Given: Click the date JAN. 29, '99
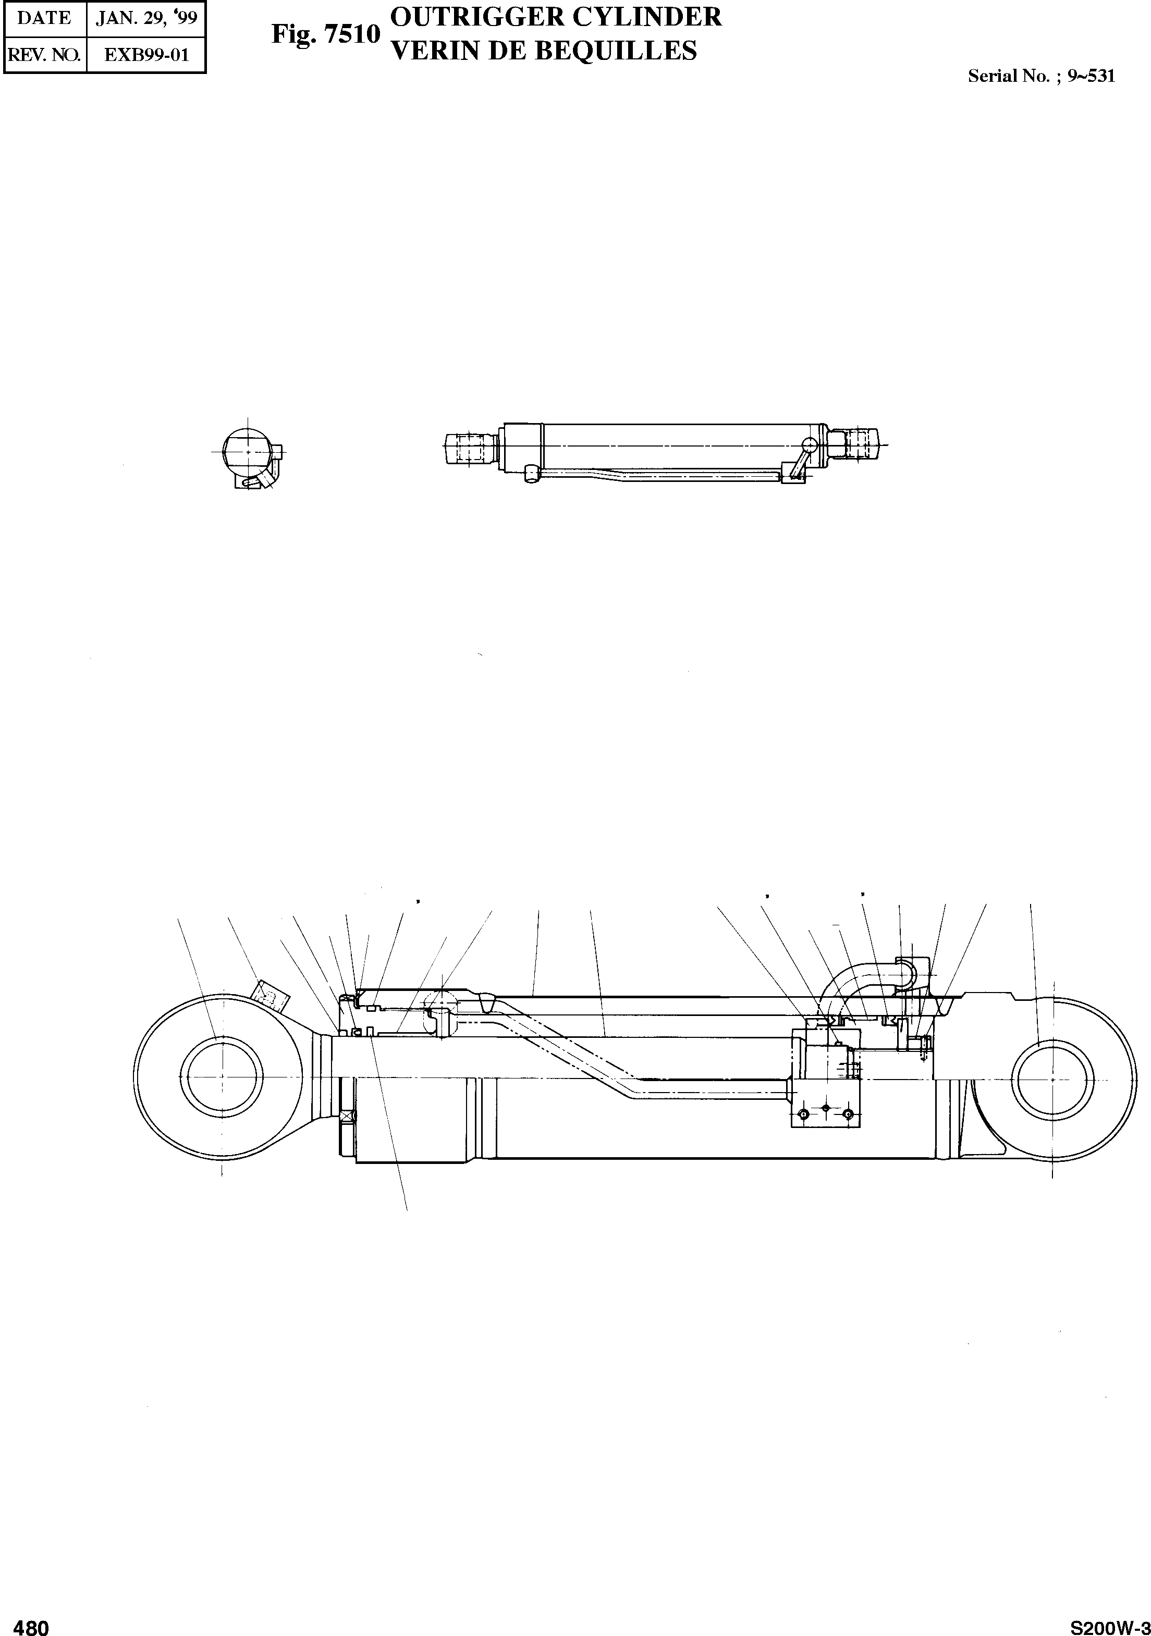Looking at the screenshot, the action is [146, 18].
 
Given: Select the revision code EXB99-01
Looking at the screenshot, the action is [146, 55].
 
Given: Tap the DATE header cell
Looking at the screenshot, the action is [44, 18].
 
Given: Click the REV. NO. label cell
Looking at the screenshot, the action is [44, 55].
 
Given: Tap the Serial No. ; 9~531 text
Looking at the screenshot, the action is [1040, 76].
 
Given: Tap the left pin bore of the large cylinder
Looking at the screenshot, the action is [223, 1076].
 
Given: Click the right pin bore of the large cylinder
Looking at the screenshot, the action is [1052, 1080].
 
